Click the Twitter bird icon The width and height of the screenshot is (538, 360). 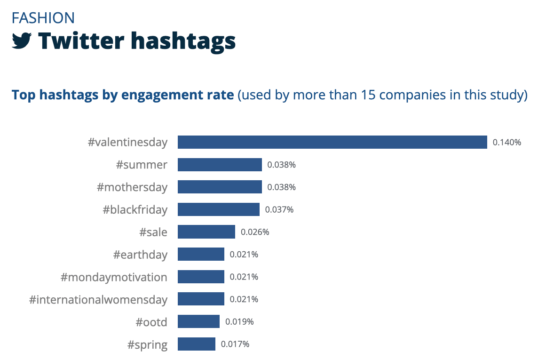coord(22,40)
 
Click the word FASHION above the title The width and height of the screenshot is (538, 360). coord(43,18)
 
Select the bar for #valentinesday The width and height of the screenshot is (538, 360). coord(332,142)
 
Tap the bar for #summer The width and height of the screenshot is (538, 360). coord(220,165)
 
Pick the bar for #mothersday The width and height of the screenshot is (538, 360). coord(220,187)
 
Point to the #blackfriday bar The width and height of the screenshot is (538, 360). coord(218,209)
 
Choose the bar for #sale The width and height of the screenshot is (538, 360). coord(206,232)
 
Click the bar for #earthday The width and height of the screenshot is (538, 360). coord(201,254)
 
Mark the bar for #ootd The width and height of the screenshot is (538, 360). coord(198,321)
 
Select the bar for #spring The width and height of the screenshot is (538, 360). coord(196,344)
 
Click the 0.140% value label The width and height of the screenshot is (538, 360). coord(507,142)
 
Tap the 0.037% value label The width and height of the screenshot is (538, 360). coord(279,209)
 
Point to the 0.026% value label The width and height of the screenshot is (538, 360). coord(255,232)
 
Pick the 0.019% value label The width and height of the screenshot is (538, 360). coord(239,321)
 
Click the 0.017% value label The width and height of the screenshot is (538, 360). coord(235,344)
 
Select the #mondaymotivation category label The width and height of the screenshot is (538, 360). coord(114,277)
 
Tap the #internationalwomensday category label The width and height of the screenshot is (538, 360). coord(98,299)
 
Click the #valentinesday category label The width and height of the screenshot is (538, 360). coord(127,142)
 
